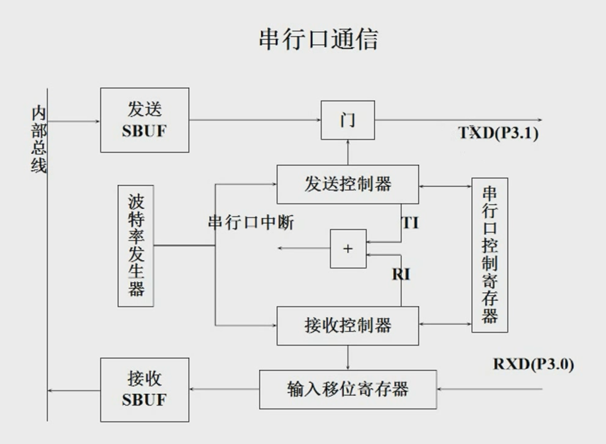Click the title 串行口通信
click(x=319, y=39)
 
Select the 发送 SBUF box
click(x=145, y=120)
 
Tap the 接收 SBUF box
click(x=145, y=389)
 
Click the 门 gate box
click(x=347, y=120)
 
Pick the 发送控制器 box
click(x=347, y=184)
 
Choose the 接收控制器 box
click(x=347, y=325)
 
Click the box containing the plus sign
click(x=348, y=249)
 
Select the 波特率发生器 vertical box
click(x=135, y=245)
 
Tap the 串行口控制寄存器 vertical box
click(x=490, y=255)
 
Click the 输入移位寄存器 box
click(x=347, y=389)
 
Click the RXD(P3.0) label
click(x=533, y=364)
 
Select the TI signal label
click(x=410, y=222)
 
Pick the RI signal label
click(x=401, y=274)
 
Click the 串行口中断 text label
click(x=251, y=222)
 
